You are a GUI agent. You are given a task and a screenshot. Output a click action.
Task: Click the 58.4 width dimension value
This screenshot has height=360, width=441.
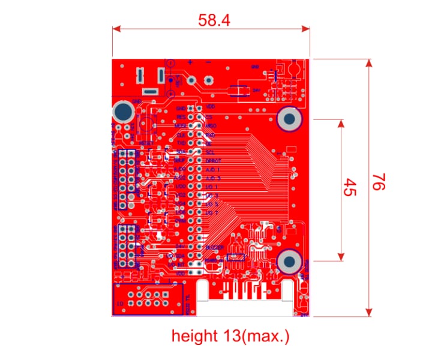214,20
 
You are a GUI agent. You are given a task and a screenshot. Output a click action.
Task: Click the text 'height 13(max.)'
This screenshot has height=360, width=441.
230,336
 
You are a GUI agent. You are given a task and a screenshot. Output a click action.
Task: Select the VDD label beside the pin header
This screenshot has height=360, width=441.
211,106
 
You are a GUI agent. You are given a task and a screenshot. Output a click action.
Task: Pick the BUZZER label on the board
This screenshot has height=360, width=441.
214,247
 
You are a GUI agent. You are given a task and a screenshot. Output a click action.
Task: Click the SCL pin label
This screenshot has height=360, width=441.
210,153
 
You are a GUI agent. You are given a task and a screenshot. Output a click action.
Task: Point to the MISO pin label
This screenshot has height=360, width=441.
211,126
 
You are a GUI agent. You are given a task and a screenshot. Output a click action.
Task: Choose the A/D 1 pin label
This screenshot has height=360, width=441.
213,170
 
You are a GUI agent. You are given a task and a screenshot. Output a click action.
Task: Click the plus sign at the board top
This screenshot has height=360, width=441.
190,62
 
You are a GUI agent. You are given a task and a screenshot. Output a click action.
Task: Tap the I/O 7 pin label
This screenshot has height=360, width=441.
212,213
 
